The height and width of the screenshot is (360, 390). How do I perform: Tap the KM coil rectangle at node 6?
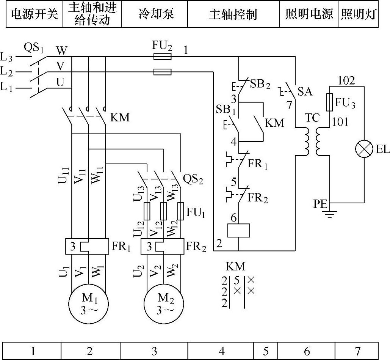pos(238,231)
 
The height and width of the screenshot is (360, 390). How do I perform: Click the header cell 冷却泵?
pos(154,14)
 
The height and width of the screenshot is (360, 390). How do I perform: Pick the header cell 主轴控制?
pos(233,14)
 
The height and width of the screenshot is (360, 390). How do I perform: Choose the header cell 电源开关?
pos(34,14)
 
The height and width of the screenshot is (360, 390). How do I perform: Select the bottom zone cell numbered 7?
pos(357,351)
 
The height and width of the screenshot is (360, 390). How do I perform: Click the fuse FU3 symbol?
pos(329,102)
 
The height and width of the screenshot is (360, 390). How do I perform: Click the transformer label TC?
pos(313,118)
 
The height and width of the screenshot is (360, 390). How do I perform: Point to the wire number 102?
pos(346,81)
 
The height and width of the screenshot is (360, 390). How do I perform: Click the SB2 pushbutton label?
pos(261,84)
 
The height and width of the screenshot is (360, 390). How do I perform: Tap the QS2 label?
pos(193,179)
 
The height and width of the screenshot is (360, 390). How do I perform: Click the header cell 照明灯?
pos(358,14)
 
